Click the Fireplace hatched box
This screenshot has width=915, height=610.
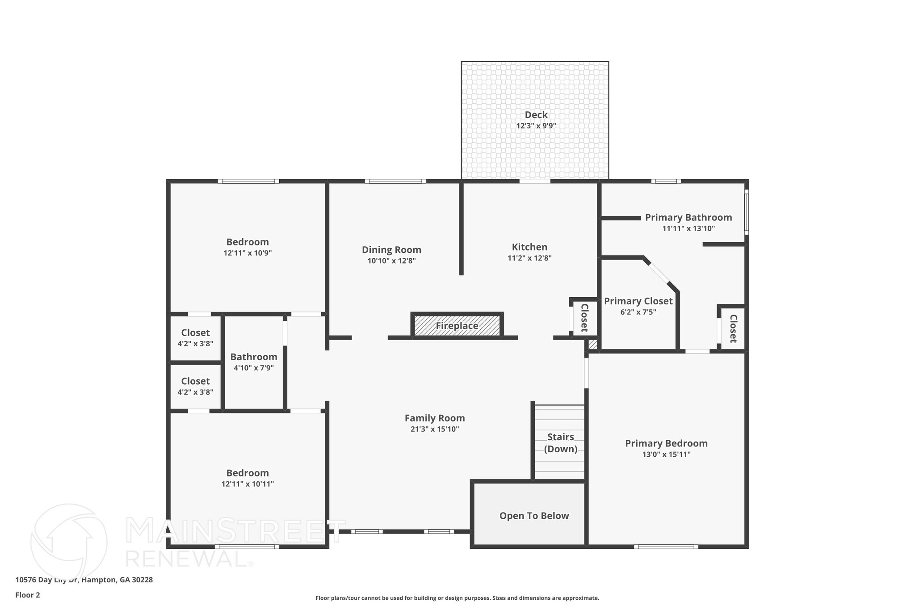(457, 326)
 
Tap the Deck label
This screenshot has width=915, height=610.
(536, 115)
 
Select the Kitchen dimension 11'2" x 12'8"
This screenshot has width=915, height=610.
(529, 258)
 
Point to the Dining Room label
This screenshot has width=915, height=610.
(391, 250)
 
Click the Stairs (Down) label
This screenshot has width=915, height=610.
(560, 443)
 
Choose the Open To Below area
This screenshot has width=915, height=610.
(533, 516)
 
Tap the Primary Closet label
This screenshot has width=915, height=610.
(638, 301)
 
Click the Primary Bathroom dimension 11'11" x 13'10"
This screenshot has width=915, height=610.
(688, 228)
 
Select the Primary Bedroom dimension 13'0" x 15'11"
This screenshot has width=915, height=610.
(666, 454)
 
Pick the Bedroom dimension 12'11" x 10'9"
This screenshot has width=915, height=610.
(248, 253)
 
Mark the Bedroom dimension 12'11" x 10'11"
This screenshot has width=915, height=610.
(248, 484)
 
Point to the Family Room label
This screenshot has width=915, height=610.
(434, 418)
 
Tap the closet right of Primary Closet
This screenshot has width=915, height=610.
(733, 328)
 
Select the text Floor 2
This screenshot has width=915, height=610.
(28, 595)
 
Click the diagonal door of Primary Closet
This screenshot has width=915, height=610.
(659, 273)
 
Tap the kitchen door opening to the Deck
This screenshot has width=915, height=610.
(534, 181)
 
